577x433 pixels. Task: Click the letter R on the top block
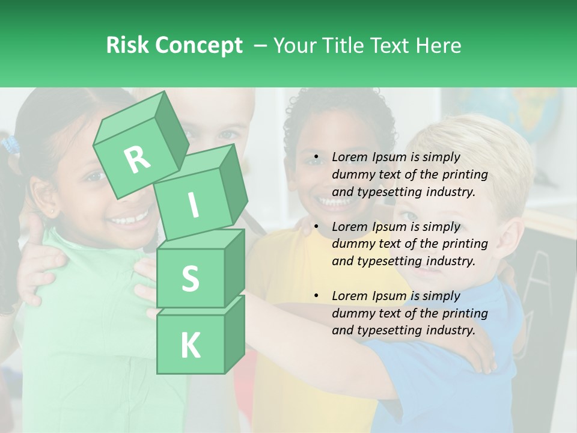tap(137, 159)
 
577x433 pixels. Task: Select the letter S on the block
tap(190, 278)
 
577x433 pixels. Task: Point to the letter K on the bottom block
tap(190, 346)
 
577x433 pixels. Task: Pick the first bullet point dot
tap(316, 158)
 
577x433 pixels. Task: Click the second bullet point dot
tap(316, 227)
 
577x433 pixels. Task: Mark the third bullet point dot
tap(316, 296)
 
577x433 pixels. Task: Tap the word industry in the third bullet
tap(451, 330)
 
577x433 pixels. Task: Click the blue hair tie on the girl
tap(10, 145)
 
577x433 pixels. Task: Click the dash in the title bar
tap(260, 45)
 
